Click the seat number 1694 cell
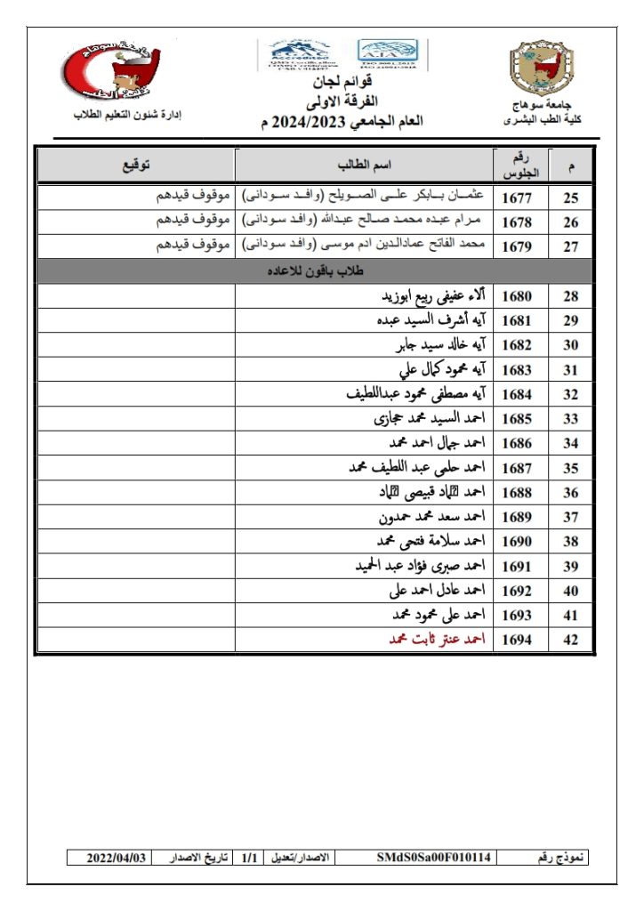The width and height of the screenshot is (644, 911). coord(517,640)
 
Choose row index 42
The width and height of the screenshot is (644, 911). coord(571,640)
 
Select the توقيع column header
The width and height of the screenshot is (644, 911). coord(135,165)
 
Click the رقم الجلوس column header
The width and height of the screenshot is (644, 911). coord(517,165)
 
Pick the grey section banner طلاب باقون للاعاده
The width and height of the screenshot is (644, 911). coord(314,270)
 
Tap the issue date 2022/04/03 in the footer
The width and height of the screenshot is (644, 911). coord(115,858)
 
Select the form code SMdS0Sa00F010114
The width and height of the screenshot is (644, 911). coord(433,858)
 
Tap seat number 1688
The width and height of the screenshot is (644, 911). coord(517,492)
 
